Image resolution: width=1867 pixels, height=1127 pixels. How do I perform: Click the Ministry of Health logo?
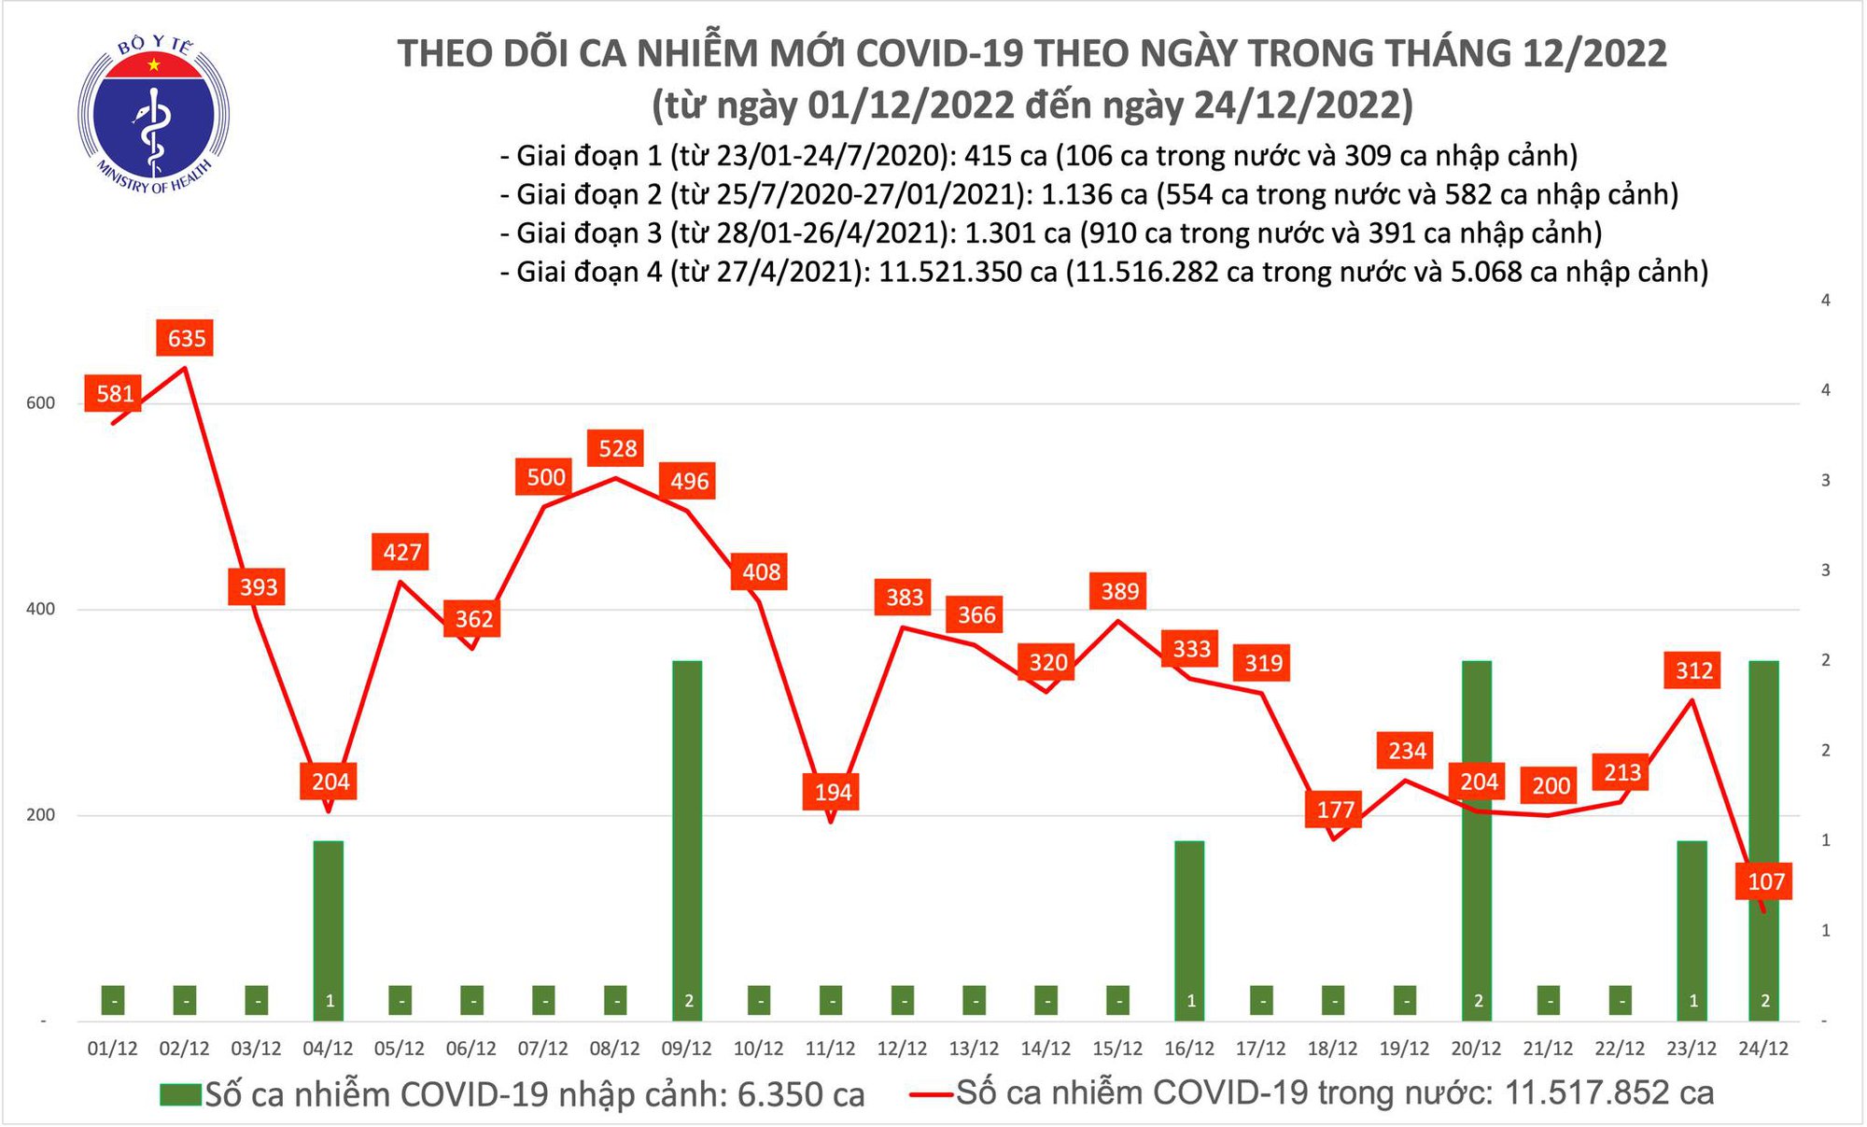153,115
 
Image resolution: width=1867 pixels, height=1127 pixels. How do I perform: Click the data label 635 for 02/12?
186,338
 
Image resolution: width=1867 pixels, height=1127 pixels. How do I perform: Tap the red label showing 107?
1765,881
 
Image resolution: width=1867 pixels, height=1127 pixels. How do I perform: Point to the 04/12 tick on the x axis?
328,1049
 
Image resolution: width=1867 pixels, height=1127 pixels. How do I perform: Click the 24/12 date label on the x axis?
1763,1049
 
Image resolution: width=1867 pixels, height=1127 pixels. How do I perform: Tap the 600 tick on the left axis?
40,403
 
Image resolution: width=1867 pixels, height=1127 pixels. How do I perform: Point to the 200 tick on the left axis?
40,815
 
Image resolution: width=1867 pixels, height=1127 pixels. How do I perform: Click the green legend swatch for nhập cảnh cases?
180,1094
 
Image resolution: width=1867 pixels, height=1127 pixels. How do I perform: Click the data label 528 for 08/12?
617,449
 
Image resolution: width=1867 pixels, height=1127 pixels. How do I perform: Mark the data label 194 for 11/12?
833,793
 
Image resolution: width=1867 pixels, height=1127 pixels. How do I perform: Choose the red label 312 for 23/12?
1693,670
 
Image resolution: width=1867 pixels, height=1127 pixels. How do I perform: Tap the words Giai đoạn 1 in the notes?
589,155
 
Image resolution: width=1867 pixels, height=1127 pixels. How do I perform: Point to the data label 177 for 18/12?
1335,810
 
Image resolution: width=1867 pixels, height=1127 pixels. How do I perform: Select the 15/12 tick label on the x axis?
1117,1049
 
